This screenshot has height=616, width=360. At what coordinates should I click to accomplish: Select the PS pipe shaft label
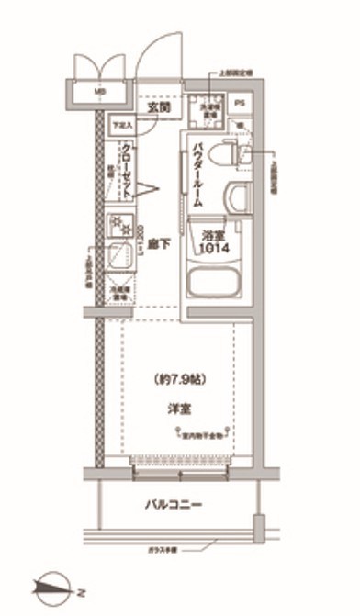(241, 104)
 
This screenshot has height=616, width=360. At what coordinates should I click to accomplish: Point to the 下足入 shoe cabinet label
(122, 126)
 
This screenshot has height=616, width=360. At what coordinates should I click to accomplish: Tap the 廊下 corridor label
(158, 243)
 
